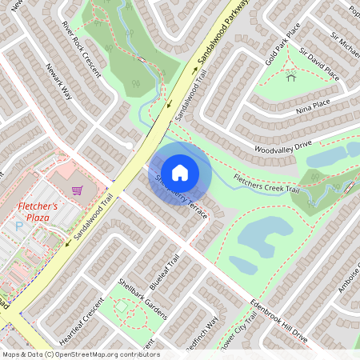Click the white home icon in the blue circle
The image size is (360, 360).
click(x=180, y=171)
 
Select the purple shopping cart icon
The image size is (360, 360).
click(x=78, y=190)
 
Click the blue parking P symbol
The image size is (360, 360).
click(x=19, y=227)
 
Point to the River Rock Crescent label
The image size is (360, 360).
click(x=82, y=56)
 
